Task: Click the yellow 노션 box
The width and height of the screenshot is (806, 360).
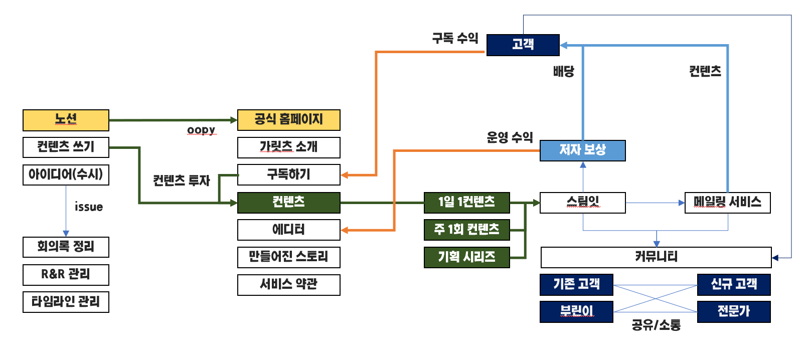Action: tap(66, 120)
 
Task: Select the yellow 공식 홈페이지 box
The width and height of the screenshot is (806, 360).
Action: tap(288, 120)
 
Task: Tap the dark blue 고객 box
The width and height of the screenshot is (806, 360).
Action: tap(523, 45)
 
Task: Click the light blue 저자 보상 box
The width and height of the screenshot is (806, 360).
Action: tap(582, 150)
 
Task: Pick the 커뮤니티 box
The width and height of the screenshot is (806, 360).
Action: tap(656, 257)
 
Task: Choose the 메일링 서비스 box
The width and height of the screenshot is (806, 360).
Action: tap(727, 203)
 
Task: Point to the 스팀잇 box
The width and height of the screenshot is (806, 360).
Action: tap(582, 203)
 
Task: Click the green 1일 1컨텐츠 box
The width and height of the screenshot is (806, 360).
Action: tap(466, 203)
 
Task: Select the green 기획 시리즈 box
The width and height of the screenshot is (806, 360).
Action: tap(466, 257)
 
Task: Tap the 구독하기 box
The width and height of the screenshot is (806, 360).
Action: tap(288, 174)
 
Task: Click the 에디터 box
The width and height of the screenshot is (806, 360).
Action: tap(288, 230)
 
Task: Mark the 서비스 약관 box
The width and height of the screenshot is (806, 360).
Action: tap(288, 284)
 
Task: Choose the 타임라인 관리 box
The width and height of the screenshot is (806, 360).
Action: tap(66, 302)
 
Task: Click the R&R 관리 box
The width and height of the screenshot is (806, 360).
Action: tap(66, 274)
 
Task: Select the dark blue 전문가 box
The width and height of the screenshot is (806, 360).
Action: tap(733, 311)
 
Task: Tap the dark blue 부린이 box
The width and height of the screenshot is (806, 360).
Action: tap(576, 311)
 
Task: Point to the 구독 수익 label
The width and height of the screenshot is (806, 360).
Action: tap(455, 38)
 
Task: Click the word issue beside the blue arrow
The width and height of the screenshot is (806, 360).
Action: tap(89, 207)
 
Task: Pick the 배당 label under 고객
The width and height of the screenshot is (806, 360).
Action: tap(563, 71)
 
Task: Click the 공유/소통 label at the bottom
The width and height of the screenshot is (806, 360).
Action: tap(656, 325)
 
